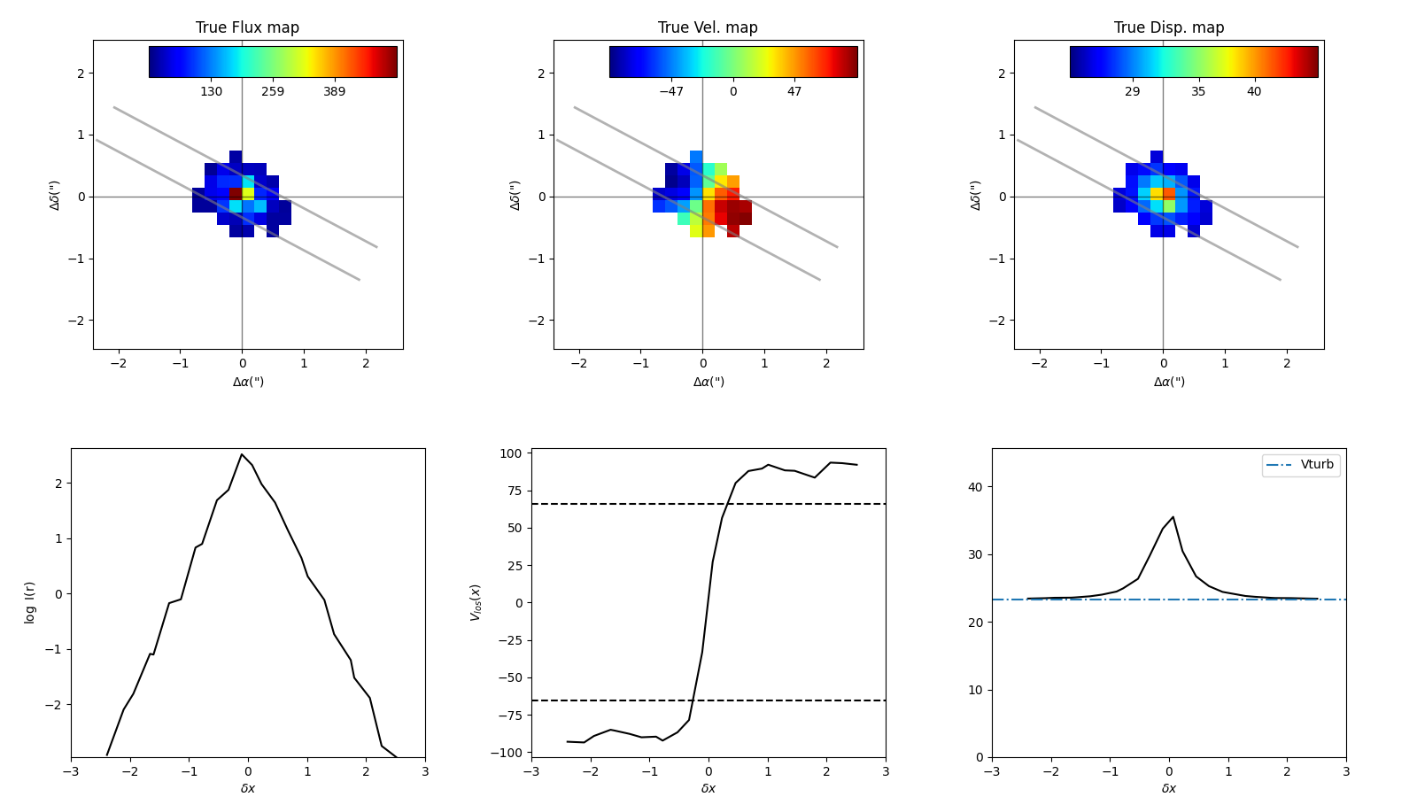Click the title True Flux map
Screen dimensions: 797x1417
pos(247,27)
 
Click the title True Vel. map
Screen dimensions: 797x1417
pos(708,27)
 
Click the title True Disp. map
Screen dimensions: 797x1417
pos(1169,27)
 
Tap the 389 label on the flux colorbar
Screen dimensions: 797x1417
pos(334,92)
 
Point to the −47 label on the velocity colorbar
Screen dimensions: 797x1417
pos(671,92)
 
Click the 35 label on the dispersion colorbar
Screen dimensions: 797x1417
pos(1198,92)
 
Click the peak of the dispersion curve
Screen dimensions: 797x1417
pos(1173,517)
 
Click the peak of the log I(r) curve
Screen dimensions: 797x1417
pos(241,454)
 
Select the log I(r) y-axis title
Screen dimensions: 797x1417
pos(30,602)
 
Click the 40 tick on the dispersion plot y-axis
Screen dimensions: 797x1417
pos(975,487)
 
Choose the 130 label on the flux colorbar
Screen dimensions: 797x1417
pos(211,92)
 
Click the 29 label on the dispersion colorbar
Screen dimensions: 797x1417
pos(1133,92)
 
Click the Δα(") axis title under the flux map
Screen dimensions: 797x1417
pos(248,382)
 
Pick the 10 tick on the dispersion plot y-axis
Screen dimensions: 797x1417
pos(975,690)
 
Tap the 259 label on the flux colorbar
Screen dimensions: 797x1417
pos(273,92)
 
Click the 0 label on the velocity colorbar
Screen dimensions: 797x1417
pos(733,92)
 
